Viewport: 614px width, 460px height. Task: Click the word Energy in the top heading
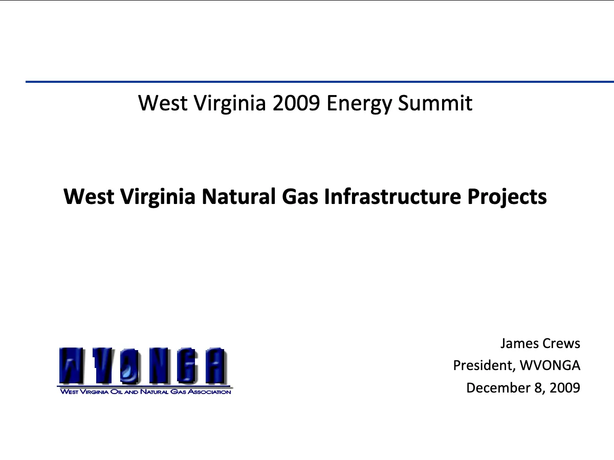[359, 104]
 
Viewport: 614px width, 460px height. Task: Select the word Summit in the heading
[435, 103]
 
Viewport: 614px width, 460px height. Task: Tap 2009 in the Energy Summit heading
[296, 103]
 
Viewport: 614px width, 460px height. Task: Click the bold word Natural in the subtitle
[238, 196]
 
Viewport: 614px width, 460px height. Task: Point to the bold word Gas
[300, 197]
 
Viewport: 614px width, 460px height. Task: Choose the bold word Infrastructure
[392, 196]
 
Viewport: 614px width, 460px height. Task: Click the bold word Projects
[507, 197]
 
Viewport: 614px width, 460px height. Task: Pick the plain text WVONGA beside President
[550, 365]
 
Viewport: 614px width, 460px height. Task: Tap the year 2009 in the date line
[565, 387]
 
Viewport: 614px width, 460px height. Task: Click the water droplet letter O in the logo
[129, 365]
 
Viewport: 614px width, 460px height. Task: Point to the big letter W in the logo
[71, 365]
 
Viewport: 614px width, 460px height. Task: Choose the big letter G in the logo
[186, 365]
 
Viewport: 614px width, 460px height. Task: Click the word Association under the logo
[209, 392]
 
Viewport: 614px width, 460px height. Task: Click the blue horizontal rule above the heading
[320, 82]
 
